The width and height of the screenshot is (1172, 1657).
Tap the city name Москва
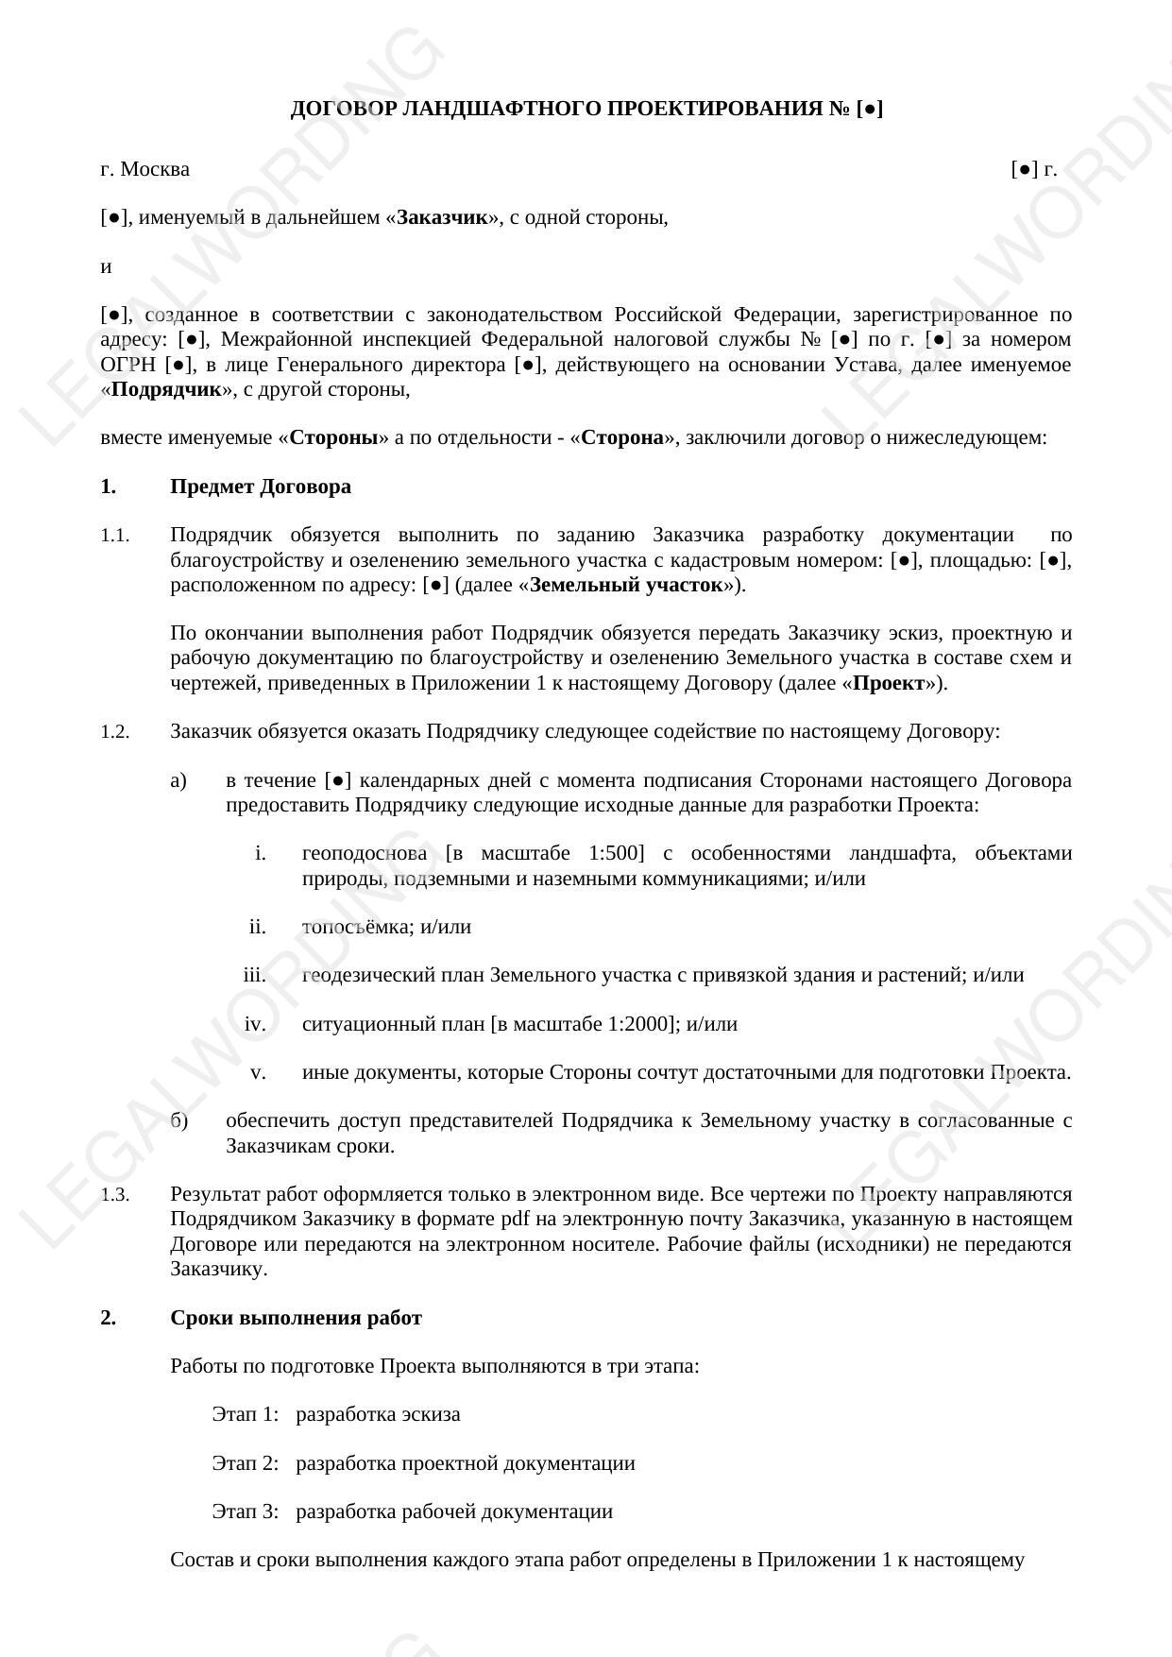pos(155,169)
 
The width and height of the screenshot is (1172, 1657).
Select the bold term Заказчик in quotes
pos(442,217)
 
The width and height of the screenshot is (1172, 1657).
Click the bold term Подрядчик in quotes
pos(166,389)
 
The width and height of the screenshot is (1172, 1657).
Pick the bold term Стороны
pos(333,437)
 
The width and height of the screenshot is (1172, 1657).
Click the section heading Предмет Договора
pos(261,487)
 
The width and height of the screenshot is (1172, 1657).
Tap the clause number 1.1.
pos(114,536)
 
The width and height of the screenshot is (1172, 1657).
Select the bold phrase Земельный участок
pos(625,585)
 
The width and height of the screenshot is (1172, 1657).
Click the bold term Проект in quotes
pos(888,683)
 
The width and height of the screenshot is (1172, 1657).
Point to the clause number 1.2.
pos(114,732)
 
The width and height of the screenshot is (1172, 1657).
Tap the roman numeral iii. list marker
pos(254,975)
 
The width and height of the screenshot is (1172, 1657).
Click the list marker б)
pos(179,1121)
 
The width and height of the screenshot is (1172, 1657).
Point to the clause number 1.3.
pos(114,1195)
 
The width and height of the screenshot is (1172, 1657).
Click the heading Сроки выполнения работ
pos(296,1318)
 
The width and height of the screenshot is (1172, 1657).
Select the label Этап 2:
pos(246,1463)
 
